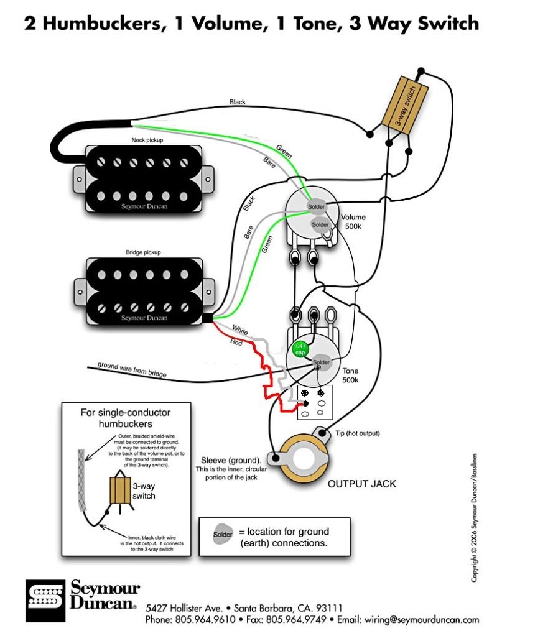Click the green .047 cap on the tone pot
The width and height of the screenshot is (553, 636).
point(301,349)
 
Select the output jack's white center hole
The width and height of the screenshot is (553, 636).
point(305,459)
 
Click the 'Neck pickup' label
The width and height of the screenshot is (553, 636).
point(147,141)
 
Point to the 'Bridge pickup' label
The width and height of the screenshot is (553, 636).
point(143,252)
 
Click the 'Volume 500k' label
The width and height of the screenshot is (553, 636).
point(353,222)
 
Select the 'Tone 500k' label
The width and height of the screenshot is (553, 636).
point(350,375)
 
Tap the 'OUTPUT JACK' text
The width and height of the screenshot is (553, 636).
point(361,484)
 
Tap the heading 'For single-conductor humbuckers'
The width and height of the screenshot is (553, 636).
point(126,418)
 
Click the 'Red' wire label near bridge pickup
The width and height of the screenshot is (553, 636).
point(237,342)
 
